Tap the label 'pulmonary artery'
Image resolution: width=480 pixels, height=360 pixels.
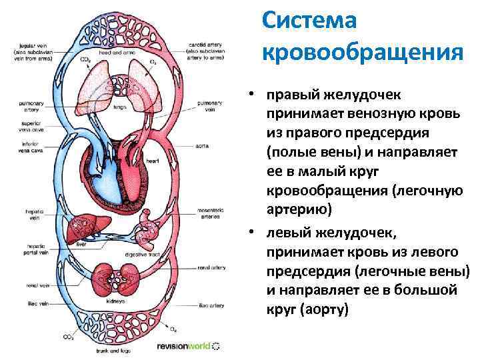(26, 105)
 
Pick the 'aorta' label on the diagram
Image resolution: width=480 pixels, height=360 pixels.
(204, 143)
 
